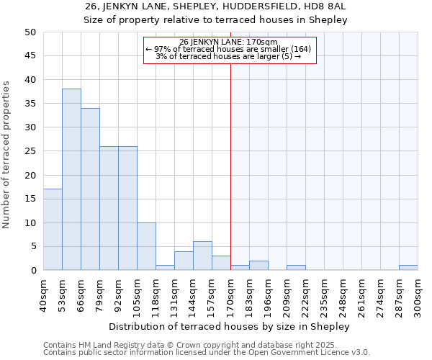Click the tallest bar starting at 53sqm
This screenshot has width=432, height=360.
(x=71, y=180)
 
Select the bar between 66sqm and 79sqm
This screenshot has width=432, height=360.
(x=90, y=189)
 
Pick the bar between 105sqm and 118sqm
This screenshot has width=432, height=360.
(x=146, y=247)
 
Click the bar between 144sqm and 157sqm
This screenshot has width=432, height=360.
(x=202, y=256)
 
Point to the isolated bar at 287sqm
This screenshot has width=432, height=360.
(x=408, y=268)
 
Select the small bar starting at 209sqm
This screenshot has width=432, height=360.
(x=296, y=268)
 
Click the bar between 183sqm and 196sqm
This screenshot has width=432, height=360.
(x=258, y=266)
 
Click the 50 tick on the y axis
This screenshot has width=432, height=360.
(x=30, y=32)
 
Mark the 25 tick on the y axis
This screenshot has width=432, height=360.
(x=30, y=151)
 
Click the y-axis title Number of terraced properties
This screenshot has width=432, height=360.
(x=7, y=155)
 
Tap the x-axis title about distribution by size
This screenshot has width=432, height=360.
(x=230, y=326)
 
